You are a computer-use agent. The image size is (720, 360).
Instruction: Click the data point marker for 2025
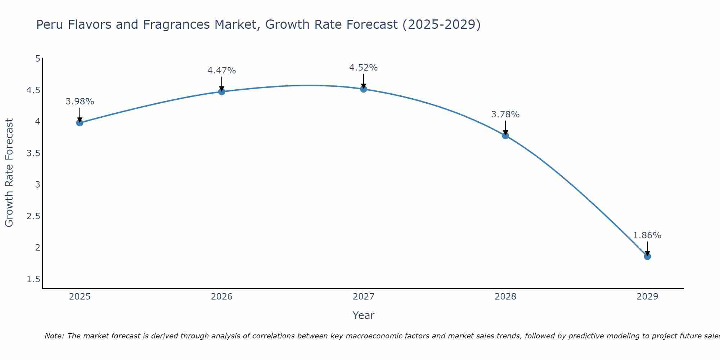pyautogui.click(x=80, y=123)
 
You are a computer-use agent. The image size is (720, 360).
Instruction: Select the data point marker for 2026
pyautogui.click(x=221, y=92)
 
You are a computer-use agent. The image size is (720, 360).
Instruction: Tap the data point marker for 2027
pyautogui.click(x=363, y=89)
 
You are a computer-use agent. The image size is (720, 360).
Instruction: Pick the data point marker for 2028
pyautogui.click(x=505, y=136)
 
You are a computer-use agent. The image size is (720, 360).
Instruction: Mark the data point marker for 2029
pyautogui.click(x=647, y=256)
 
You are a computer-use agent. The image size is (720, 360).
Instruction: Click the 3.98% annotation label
pyautogui.click(x=80, y=102)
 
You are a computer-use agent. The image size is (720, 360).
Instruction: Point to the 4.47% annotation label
pyautogui.click(x=221, y=71)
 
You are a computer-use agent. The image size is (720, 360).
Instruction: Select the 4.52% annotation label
pyautogui.click(x=363, y=68)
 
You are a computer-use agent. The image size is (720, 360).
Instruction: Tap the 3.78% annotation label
pyautogui.click(x=505, y=114)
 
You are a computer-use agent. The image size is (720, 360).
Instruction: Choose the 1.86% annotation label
pyautogui.click(x=647, y=235)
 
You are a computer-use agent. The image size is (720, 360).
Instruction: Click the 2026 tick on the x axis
pyautogui.click(x=221, y=297)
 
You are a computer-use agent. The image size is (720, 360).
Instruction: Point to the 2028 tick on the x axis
pyautogui.click(x=505, y=297)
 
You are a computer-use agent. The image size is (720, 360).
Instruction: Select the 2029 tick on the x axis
pyautogui.click(x=647, y=297)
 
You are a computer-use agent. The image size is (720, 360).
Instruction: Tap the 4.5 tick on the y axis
pyautogui.click(x=33, y=90)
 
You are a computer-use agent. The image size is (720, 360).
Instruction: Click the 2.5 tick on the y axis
pyautogui.click(x=33, y=216)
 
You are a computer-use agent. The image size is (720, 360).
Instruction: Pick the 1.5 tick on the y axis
pyautogui.click(x=33, y=279)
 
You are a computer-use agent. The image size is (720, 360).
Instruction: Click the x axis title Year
pyautogui.click(x=363, y=315)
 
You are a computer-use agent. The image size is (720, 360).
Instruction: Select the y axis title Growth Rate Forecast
pyautogui.click(x=9, y=173)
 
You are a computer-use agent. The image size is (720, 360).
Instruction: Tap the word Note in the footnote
pyautogui.click(x=54, y=336)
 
